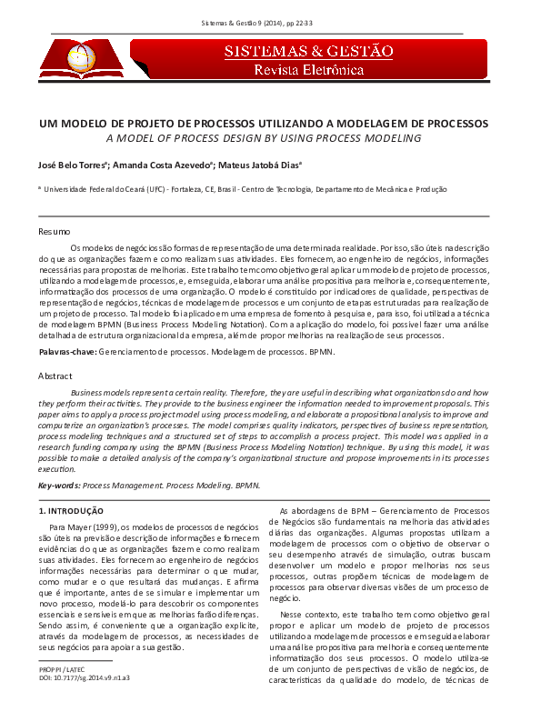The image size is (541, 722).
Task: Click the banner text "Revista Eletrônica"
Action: (x=309, y=70)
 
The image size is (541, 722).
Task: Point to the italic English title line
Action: (x=264, y=138)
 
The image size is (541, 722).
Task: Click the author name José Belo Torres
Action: (x=74, y=165)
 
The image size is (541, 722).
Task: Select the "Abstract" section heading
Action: (x=56, y=376)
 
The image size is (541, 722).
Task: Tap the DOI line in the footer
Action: (x=84, y=677)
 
